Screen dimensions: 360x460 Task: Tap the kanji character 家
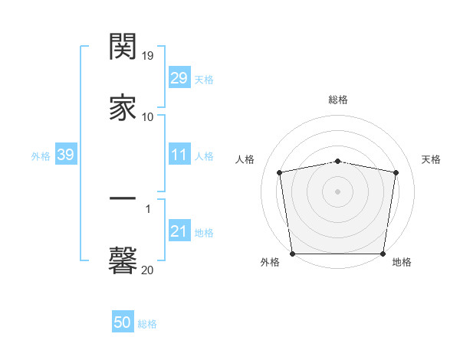tap(123, 106)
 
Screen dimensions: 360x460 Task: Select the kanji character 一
tap(123, 200)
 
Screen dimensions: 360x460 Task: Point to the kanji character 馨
tap(123, 260)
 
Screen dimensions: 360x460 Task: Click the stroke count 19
tap(148, 56)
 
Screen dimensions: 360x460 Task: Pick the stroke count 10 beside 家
tap(148, 116)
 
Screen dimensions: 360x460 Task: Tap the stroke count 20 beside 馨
tap(148, 270)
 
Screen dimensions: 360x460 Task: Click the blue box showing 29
tap(179, 78)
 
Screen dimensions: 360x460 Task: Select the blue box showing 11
tap(179, 155)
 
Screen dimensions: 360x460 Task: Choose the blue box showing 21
tap(179, 232)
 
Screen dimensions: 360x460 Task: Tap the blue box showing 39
tap(65, 155)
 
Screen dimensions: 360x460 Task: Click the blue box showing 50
tap(123, 323)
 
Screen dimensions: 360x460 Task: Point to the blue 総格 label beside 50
tap(148, 324)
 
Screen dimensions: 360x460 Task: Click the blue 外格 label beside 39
tap(41, 156)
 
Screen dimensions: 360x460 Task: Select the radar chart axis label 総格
tap(338, 100)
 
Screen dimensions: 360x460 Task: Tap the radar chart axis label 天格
tap(431, 159)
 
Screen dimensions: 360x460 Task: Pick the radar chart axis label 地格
tap(402, 262)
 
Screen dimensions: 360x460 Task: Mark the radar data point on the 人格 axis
tap(280, 172)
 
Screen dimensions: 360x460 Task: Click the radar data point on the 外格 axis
tap(292, 254)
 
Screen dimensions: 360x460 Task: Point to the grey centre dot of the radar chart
tap(338, 191)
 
